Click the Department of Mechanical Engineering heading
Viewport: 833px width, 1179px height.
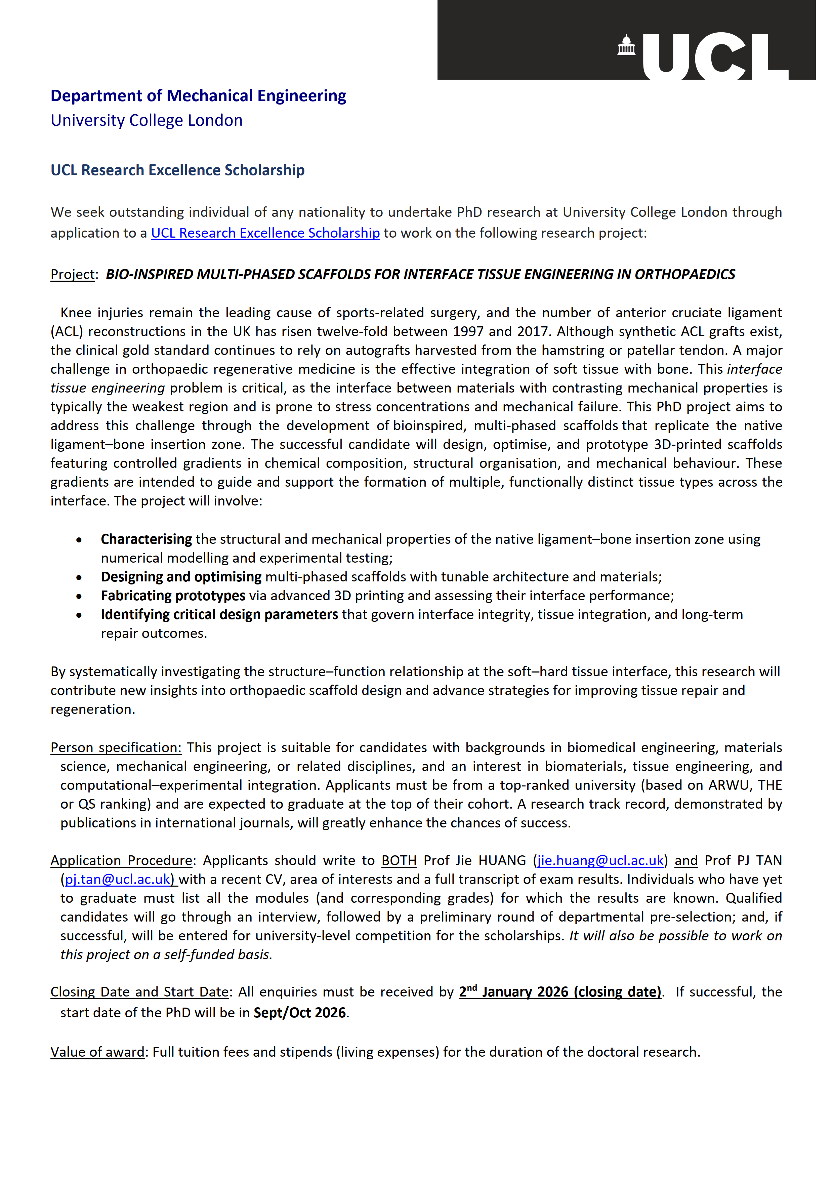[198, 96]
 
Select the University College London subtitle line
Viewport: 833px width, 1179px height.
[146, 120]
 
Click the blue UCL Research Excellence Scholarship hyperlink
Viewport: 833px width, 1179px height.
[265, 233]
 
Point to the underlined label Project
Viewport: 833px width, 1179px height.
[72, 275]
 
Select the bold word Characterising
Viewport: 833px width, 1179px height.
[146, 539]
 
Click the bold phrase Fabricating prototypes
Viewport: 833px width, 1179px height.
[173, 596]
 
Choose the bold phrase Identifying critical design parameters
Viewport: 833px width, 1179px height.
[219, 615]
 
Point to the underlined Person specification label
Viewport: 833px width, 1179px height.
[116, 748]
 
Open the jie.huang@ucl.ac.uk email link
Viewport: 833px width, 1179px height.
[600, 861]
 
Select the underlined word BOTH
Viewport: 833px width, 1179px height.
[399, 861]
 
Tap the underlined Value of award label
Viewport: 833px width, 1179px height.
[97, 1052]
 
